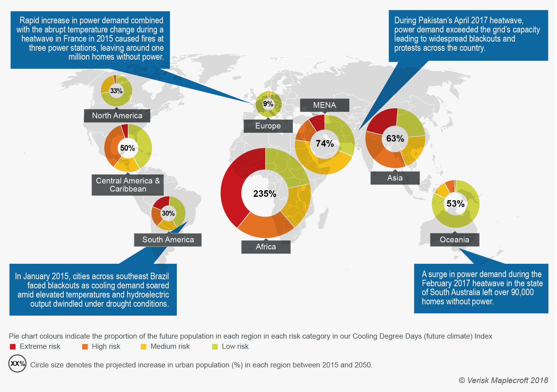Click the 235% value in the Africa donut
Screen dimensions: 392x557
pyautogui.click(x=264, y=194)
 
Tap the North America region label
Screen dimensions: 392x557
pyautogui.click(x=117, y=115)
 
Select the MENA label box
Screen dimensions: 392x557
pyautogui.click(x=324, y=105)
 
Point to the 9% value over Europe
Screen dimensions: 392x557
pyautogui.click(x=268, y=104)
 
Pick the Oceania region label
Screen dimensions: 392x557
pyautogui.click(x=454, y=239)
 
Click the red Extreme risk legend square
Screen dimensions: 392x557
pyautogui.click(x=13, y=347)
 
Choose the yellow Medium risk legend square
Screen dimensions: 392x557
pyautogui.click(x=144, y=347)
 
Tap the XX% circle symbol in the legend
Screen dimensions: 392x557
pyautogui.click(x=17, y=363)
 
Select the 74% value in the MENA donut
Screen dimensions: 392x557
pyautogui.click(x=325, y=143)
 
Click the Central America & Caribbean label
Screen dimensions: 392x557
pyautogui.click(x=128, y=185)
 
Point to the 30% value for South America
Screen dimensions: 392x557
pyautogui.click(x=168, y=213)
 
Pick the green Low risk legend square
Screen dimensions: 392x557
pyautogui.click(x=215, y=347)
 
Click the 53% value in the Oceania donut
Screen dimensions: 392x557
pyautogui.click(x=455, y=204)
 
